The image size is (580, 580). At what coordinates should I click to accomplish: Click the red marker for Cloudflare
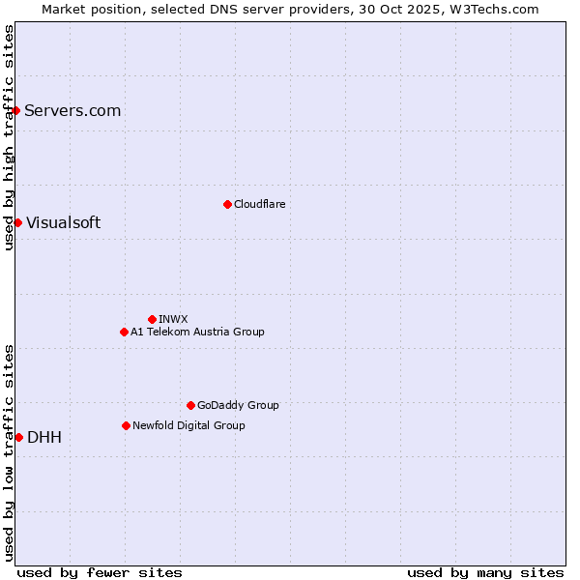pyautogui.click(x=227, y=204)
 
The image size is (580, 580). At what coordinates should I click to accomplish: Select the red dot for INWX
pyautogui.click(x=152, y=319)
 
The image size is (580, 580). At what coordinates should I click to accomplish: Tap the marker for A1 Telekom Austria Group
pyautogui.click(x=124, y=332)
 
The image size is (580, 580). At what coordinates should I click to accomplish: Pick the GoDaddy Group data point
pyautogui.click(x=190, y=405)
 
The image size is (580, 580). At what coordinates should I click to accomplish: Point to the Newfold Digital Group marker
pyautogui.click(x=126, y=425)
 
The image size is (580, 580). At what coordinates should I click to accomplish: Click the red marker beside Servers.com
pyautogui.click(x=16, y=110)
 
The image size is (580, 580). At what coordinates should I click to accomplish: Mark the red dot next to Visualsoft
pyautogui.click(x=17, y=222)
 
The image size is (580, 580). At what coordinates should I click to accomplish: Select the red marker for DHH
pyautogui.click(x=18, y=437)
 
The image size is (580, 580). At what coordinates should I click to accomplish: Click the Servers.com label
pyautogui.click(x=72, y=110)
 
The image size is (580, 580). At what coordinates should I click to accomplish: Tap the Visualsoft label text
pyautogui.click(x=63, y=222)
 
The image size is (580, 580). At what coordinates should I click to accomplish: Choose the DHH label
pyautogui.click(x=44, y=437)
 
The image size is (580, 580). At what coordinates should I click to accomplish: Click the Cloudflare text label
pyautogui.click(x=259, y=204)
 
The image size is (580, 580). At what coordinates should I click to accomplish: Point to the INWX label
pyautogui.click(x=173, y=319)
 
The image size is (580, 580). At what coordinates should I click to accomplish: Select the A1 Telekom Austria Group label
pyautogui.click(x=197, y=332)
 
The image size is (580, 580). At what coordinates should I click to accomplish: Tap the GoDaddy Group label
pyautogui.click(x=238, y=405)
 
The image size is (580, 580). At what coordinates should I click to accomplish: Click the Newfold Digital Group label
pyautogui.click(x=188, y=425)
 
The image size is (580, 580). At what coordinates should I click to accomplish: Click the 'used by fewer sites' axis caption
pyautogui.click(x=100, y=572)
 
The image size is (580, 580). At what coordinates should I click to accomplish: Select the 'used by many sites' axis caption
pyautogui.click(x=485, y=572)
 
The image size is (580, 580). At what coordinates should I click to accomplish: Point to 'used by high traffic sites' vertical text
pyautogui.click(x=9, y=137)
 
